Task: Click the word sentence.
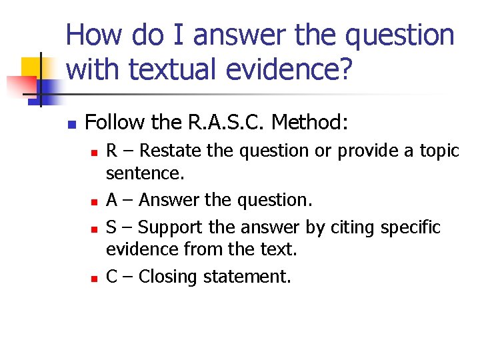pos(145,175)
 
